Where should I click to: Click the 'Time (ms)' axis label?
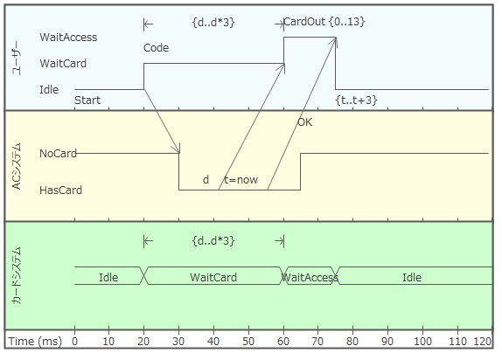[x=35, y=342]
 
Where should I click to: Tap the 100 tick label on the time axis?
[x=422, y=342]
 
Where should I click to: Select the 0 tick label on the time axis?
[x=74, y=342]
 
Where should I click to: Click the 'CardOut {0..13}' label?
[x=324, y=22]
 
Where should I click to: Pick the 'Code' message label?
[x=156, y=48]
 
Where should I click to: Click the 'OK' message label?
[x=304, y=122]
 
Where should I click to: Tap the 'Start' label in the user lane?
[x=87, y=100]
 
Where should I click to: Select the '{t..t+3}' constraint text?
[x=356, y=100]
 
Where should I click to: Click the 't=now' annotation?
[x=241, y=179]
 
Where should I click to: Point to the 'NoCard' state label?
[x=58, y=153]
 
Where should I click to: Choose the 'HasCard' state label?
[x=61, y=190]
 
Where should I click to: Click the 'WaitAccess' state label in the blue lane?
[x=68, y=37]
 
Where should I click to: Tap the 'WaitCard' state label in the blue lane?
[x=63, y=64]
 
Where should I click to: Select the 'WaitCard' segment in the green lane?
[x=213, y=277]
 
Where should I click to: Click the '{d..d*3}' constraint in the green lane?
[x=213, y=240]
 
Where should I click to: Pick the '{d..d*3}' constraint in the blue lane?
[x=213, y=23]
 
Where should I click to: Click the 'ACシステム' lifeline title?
[x=17, y=166]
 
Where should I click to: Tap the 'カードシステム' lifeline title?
[x=17, y=275]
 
